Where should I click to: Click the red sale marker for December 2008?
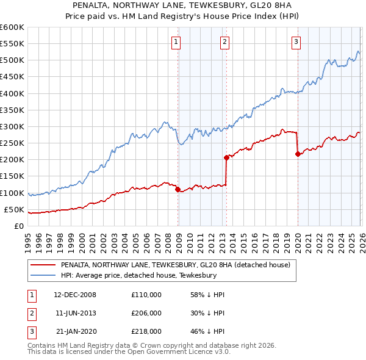pos(178,189)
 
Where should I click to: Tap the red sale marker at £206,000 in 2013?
pos(226,157)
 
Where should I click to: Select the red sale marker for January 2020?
pos(298,154)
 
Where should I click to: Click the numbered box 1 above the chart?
pos(176,42)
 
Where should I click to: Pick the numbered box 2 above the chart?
pos(224,42)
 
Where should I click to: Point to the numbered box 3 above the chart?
pos(296,42)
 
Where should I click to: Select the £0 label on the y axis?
pos(18,226)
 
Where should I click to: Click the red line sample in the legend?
pos(42,265)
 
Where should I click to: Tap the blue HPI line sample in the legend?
pos(42,276)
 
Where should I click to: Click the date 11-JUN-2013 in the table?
pos(75,313)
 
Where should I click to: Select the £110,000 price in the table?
pos(146,295)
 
